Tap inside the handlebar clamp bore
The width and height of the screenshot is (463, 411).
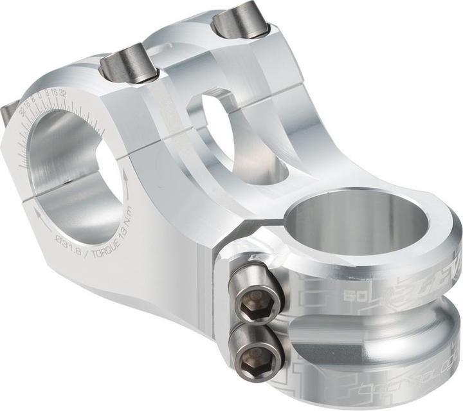point(71,167)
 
